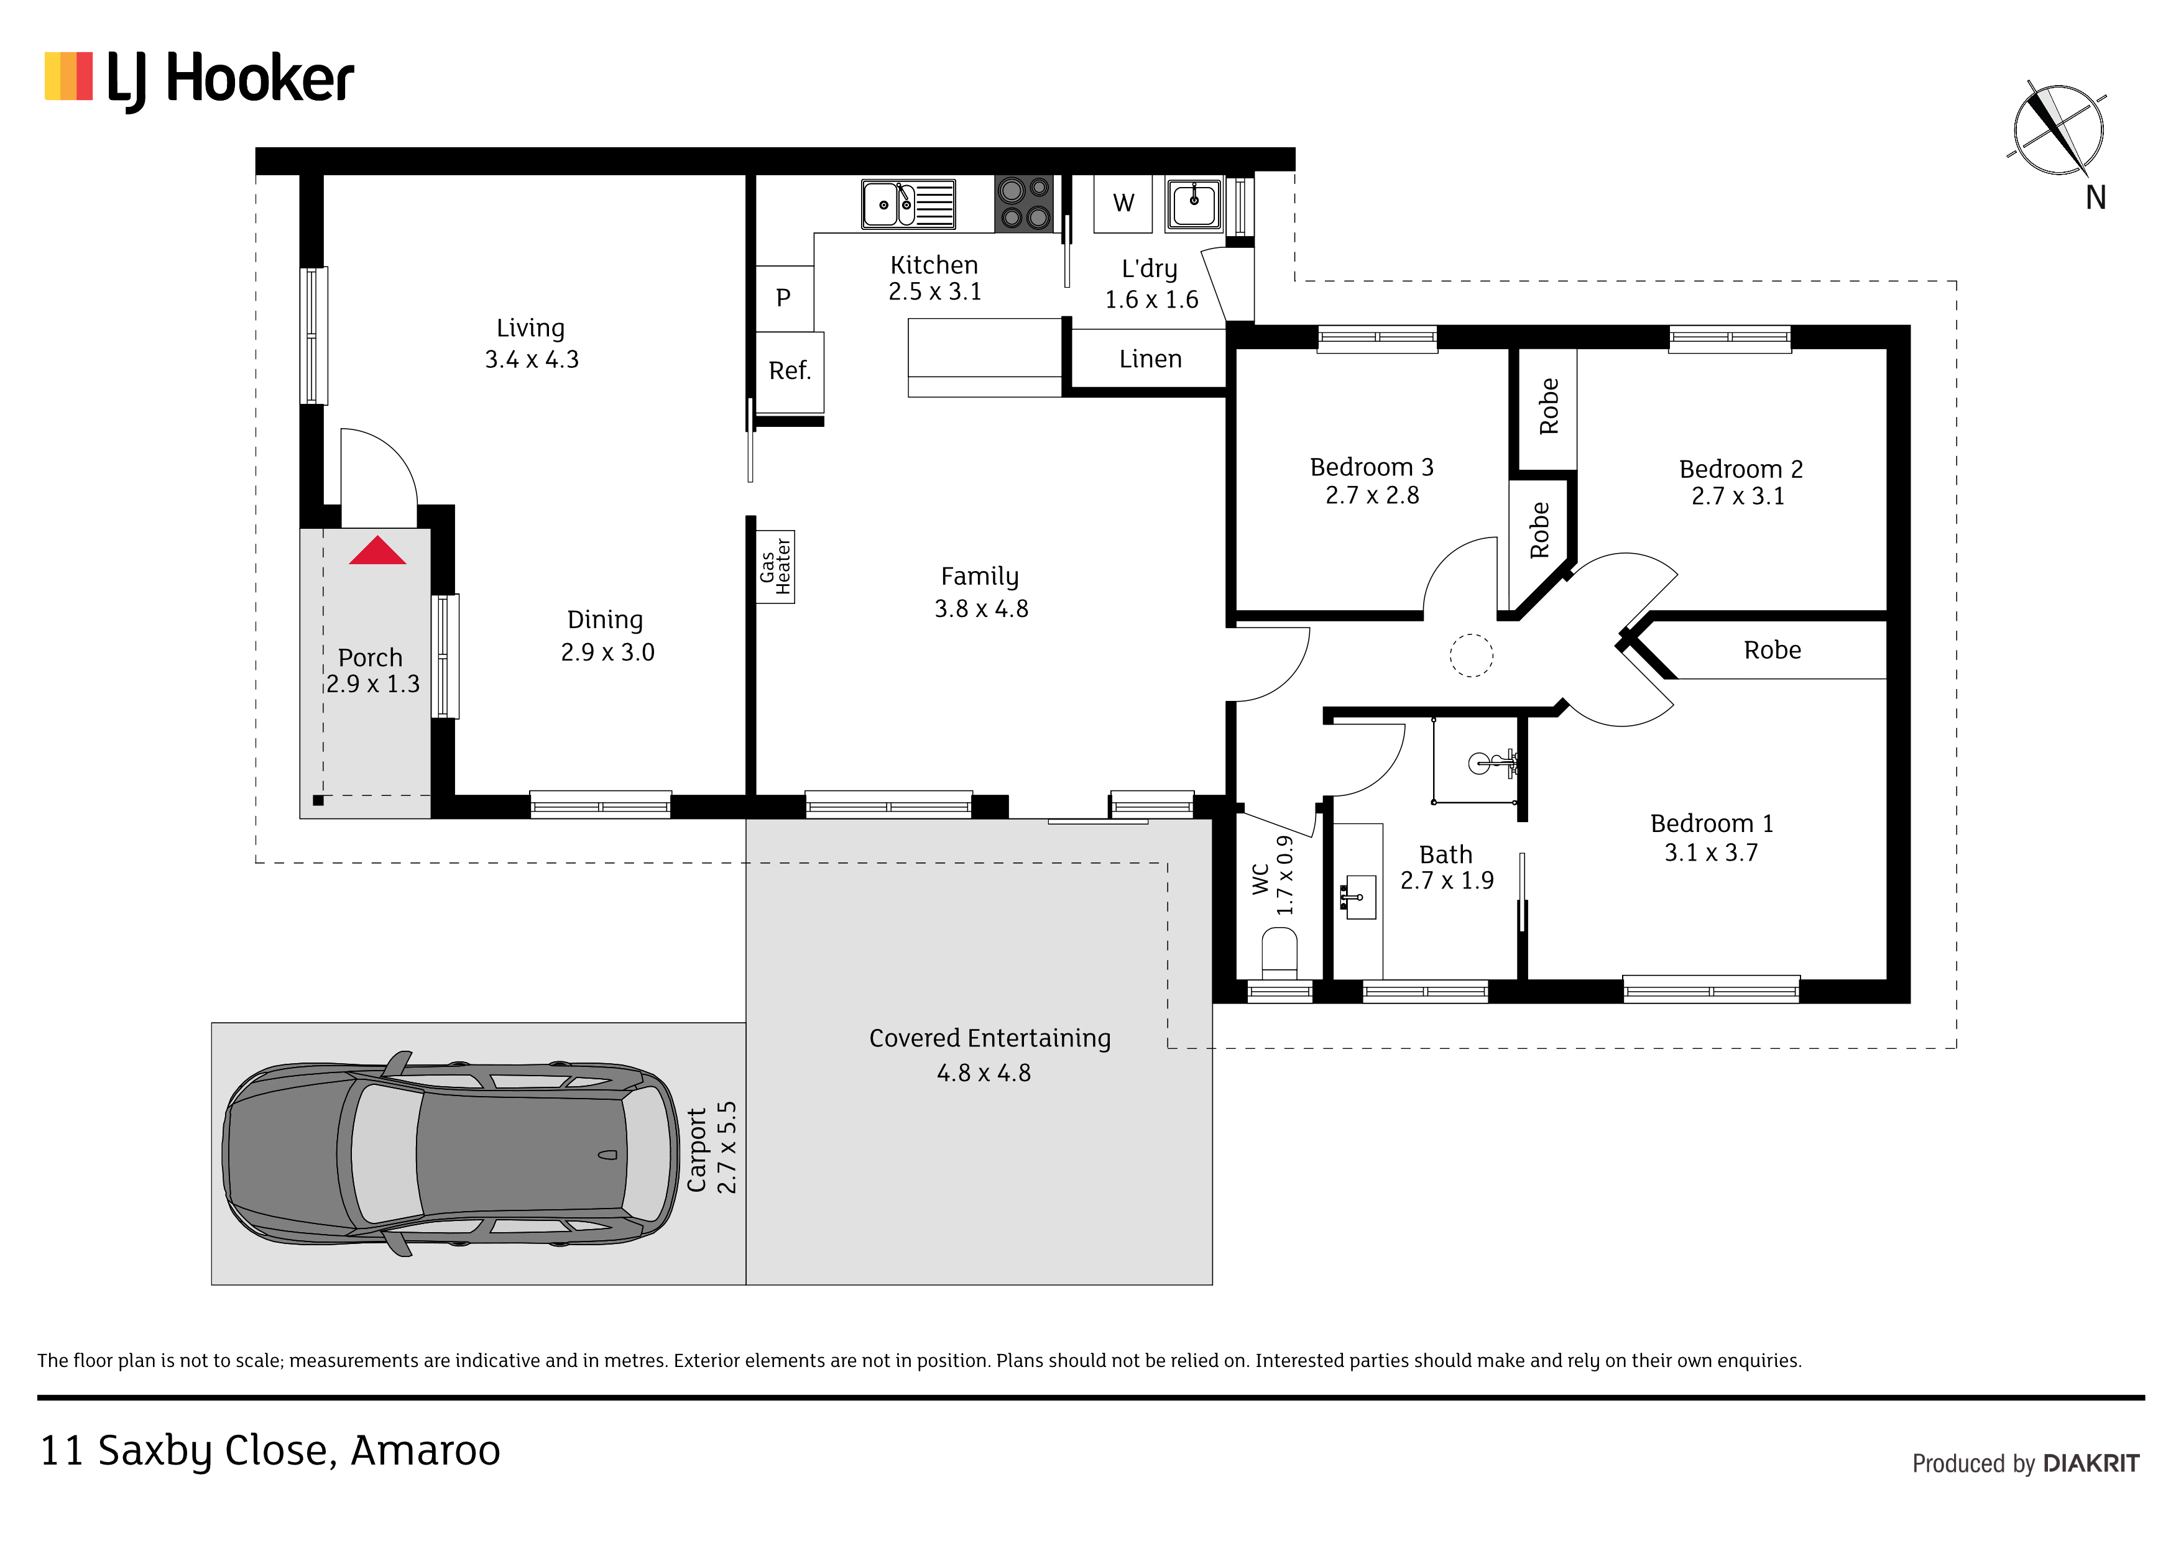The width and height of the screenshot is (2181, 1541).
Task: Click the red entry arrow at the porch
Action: (x=377, y=551)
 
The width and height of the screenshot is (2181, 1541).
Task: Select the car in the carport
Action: (x=450, y=1154)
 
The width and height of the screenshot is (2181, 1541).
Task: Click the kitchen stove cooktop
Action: (x=1024, y=203)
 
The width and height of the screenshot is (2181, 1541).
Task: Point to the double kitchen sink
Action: (x=908, y=203)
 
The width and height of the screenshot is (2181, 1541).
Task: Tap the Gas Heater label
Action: (x=775, y=567)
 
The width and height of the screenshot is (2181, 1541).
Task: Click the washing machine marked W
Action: (x=1123, y=203)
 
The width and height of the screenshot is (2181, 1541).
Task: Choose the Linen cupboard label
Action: (x=1150, y=359)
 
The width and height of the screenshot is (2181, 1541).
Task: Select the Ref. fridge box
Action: (x=790, y=371)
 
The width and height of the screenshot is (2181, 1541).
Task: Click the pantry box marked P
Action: (x=783, y=298)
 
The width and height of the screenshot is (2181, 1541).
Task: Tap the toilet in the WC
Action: (x=1279, y=953)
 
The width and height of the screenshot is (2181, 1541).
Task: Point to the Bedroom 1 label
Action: (x=1712, y=823)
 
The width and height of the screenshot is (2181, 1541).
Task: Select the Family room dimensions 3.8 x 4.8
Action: (x=981, y=608)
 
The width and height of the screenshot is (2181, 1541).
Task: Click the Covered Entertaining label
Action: (x=990, y=1039)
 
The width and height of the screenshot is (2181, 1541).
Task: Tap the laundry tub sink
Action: (x=1194, y=203)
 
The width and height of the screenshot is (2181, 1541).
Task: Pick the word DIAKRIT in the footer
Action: (x=2091, y=1464)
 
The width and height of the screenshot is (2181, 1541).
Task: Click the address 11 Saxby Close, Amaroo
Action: (x=270, y=1451)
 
